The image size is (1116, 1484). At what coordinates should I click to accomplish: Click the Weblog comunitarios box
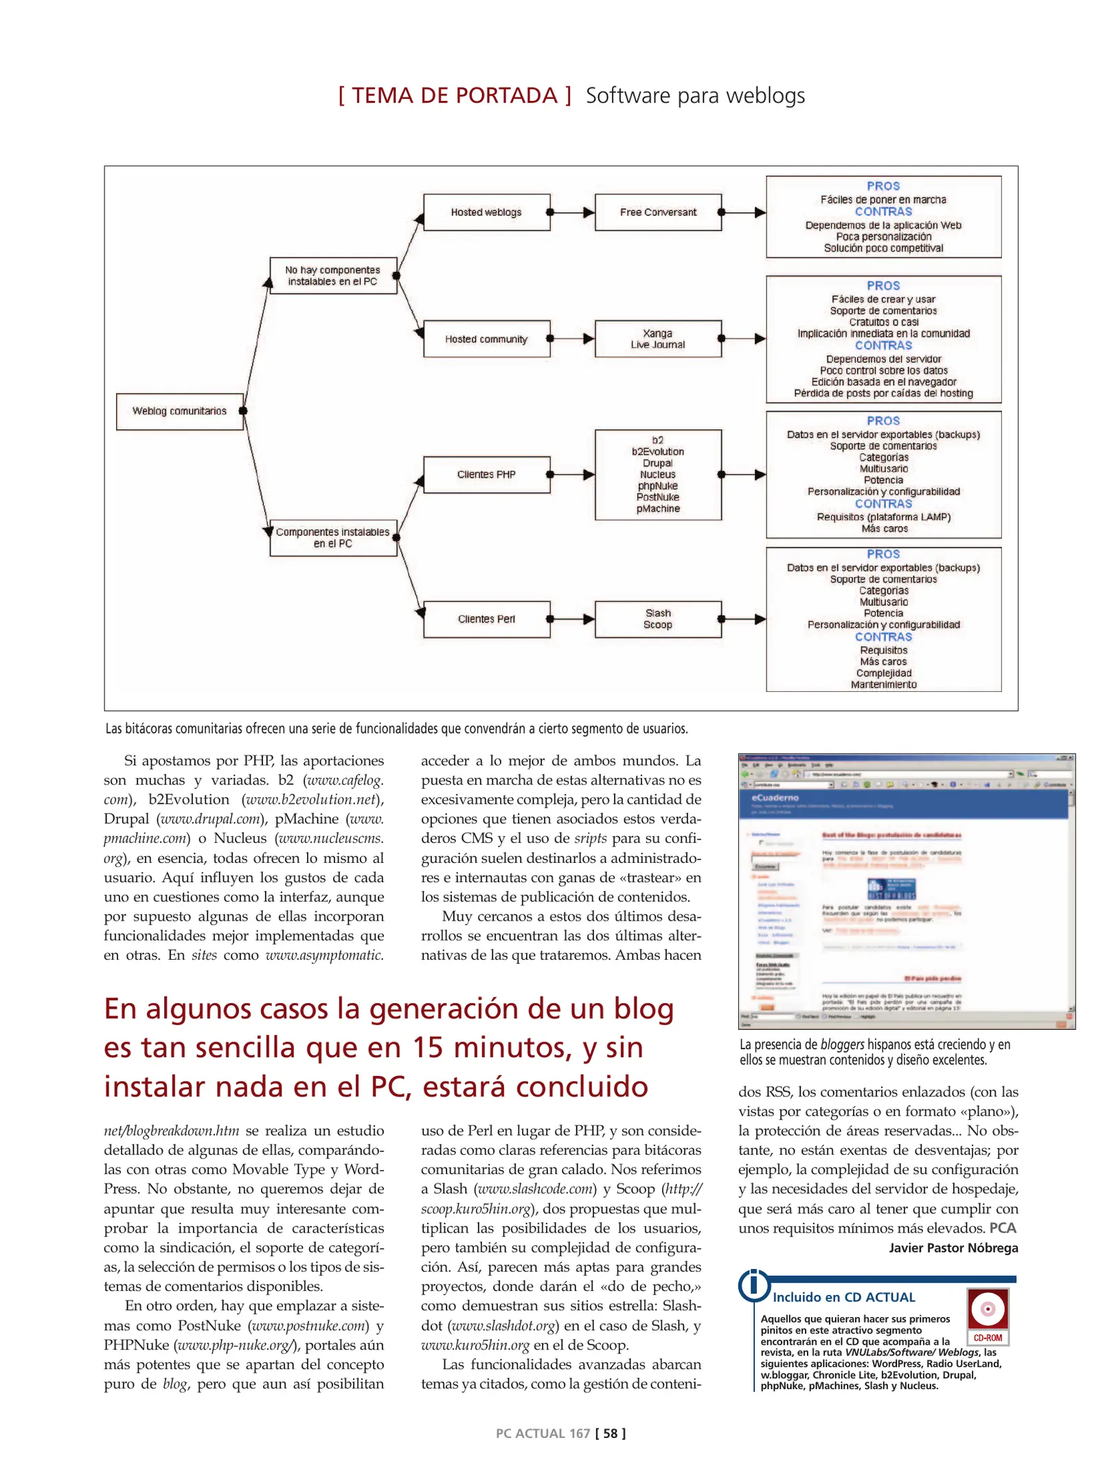pos(179,411)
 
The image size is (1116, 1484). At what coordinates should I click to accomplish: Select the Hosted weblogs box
pos(486,212)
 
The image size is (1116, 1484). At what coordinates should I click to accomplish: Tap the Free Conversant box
pos(658,212)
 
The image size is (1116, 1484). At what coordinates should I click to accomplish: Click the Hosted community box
pos(486,339)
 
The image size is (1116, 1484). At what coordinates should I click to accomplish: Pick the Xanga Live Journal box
pos(658,339)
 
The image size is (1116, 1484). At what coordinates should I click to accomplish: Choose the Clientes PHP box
pos(486,474)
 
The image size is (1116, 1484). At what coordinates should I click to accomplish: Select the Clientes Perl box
pos(486,618)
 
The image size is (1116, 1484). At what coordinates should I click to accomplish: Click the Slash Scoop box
pos(658,618)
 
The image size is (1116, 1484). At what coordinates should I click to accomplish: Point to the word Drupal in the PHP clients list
pos(657,463)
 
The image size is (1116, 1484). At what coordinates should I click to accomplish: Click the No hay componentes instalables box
pos(332,276)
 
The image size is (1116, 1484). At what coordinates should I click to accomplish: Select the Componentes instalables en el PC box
pos(332,537)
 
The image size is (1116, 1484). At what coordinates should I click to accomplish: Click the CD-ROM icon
pos(988,1315)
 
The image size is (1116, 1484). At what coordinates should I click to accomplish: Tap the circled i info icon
pos(754,1285)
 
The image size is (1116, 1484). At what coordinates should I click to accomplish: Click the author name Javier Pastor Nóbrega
pos(953,1248)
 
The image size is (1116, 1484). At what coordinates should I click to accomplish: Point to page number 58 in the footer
pos(610,1433)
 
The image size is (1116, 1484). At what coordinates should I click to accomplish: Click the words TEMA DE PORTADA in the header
pos(455,95)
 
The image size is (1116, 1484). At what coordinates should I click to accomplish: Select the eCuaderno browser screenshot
pos(906,891)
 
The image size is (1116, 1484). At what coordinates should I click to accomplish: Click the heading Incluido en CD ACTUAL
pos(843,1297)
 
